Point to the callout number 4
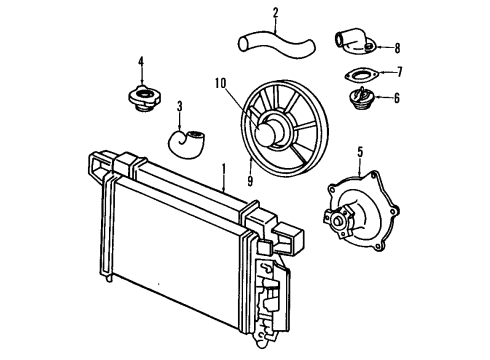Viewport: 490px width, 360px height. [x=140, y=61]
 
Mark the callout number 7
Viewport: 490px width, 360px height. [x=398, y=72]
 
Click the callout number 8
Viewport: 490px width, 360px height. [x=396, y=46]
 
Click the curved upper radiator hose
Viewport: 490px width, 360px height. [x=275, y=45]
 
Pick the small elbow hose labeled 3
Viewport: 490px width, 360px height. [x=188, y=143]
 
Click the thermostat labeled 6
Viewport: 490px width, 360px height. [x=357, y=100]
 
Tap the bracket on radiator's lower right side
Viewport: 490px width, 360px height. [x=271, y=305]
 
